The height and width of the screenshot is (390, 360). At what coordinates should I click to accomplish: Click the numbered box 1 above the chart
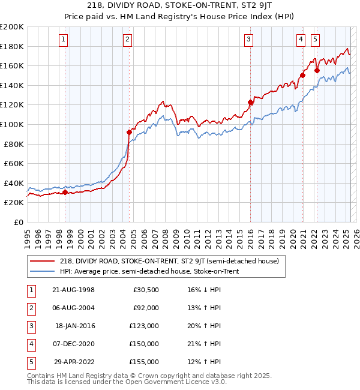coord(64,40)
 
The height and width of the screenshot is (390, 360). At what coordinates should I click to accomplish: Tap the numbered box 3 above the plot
coord(248,40)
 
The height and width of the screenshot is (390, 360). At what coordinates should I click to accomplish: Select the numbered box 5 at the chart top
coord(316,40)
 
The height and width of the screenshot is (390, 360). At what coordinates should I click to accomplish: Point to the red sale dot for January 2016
coord(251,102)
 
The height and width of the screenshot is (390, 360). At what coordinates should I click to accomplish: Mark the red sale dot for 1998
coord(65,192)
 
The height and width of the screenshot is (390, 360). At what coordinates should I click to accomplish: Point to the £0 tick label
coord(19,222)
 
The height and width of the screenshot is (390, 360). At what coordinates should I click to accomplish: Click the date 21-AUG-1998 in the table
coord(74,290)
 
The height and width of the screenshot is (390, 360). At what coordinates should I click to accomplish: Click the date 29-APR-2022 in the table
coord(74,362)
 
